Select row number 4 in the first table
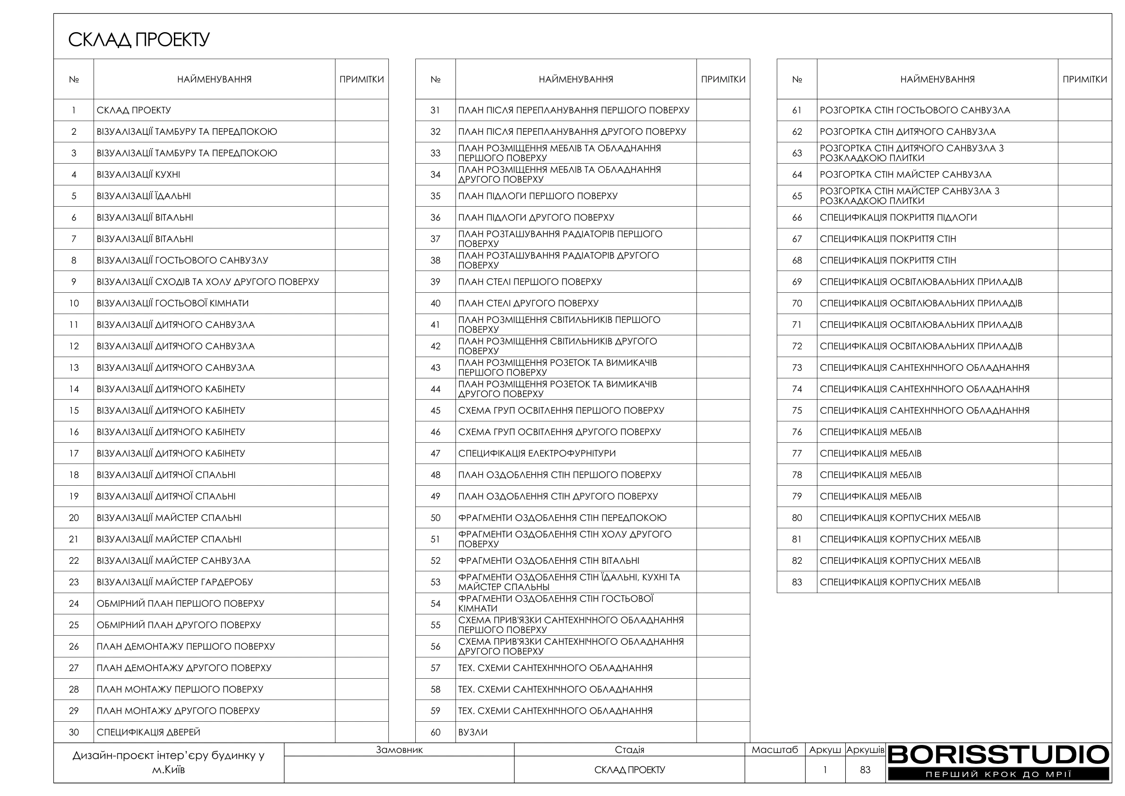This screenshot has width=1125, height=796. (x=74, y=175)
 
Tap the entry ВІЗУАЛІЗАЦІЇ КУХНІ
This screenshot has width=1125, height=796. (x=138, y=175)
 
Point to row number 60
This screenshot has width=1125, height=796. (x=435, y=732)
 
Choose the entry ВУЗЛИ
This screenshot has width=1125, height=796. (x=473, y=732)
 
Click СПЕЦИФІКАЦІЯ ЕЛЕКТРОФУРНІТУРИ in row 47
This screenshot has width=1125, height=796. (x=537, y=454)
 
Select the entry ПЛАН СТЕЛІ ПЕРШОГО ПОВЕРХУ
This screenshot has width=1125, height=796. (x=530, y=282)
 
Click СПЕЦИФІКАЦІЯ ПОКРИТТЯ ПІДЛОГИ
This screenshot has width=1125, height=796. (x=898, y=218)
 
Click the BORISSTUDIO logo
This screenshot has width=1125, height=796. (x=998, y=755)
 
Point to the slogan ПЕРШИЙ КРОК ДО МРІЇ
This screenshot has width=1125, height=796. (x=998, y=775)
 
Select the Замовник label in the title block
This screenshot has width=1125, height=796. (x=399, y=750)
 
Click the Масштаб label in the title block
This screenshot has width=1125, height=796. (x=775, y=750)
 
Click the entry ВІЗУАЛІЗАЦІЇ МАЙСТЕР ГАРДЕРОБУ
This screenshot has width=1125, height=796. (x=174, y=582)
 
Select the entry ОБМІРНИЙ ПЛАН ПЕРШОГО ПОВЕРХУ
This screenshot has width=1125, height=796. (x=180, y=604)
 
